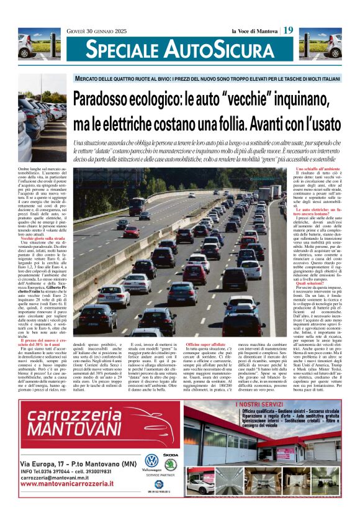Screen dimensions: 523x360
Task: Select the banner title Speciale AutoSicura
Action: [179, 49]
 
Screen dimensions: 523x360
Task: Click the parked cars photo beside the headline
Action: [43, 127]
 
